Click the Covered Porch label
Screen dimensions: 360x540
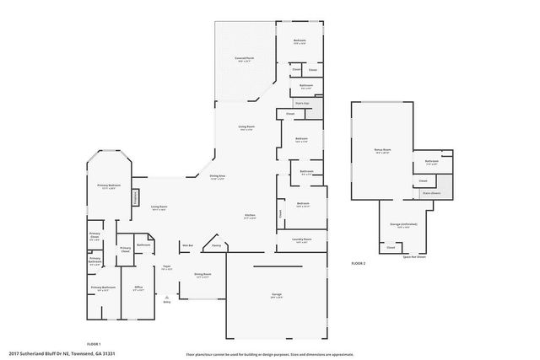(246, 58)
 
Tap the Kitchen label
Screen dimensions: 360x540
(251, 216)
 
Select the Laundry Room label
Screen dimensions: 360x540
(301, 240)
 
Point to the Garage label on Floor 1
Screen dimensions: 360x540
(277, 294)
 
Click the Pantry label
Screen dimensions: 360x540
(217, 246)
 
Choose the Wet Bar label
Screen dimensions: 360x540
(189, 246)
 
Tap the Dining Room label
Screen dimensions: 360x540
(202, 275)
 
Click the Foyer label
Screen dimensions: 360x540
(167, 269)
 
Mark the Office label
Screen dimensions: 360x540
(138, 287)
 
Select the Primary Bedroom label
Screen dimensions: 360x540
(109, 185)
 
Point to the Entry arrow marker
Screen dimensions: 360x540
(167, 298)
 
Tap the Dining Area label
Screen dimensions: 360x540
(217, 176)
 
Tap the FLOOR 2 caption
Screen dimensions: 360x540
(359, 264)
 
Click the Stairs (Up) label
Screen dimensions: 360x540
(300, 102)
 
